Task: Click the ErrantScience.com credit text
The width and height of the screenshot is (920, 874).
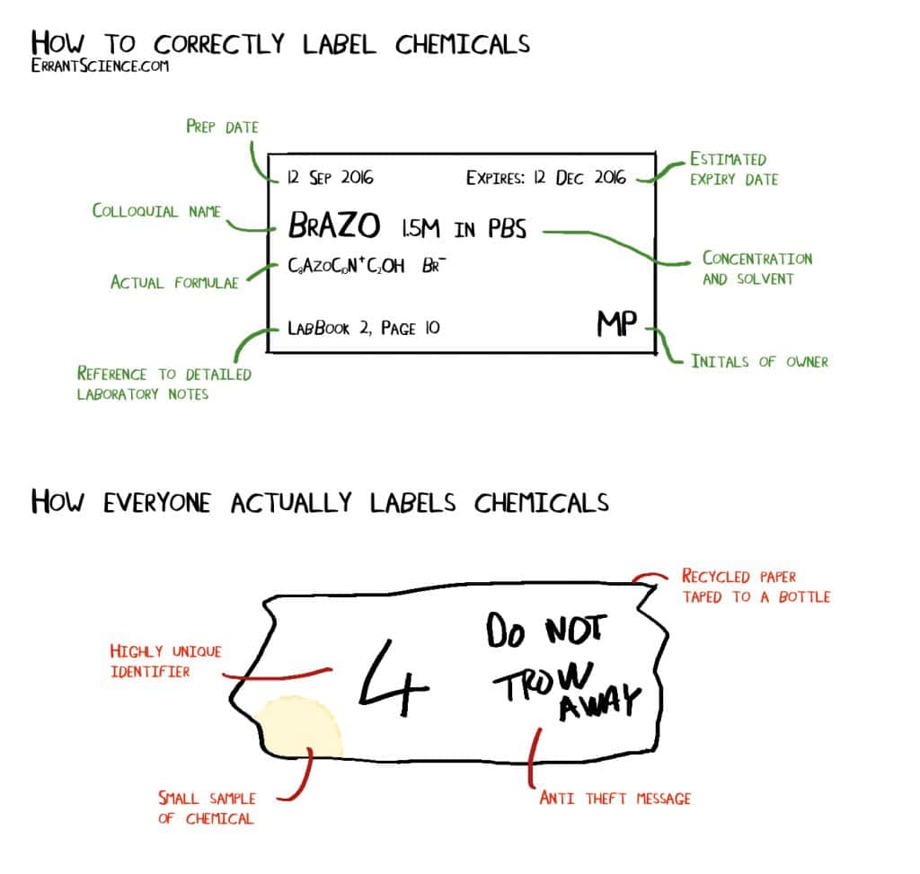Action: coord(100,66)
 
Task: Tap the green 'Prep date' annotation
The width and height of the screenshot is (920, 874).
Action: coord(222,127)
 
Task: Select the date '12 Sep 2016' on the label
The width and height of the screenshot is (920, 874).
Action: coord(330,177)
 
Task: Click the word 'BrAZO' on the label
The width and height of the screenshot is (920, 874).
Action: coord(334,226)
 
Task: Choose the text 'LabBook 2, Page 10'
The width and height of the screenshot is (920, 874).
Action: coord(363,329)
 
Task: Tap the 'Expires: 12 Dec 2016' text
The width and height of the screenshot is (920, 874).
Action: coord(546,177)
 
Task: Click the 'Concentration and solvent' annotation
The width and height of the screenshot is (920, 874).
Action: coord(756,269)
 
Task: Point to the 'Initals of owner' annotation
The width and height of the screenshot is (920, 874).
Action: coord(759,361)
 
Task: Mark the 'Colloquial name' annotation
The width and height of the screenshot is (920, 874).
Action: coord(156,211)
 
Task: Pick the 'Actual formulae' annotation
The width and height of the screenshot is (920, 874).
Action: coord(174,282)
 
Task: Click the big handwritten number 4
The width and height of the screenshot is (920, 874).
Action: coord(393,674)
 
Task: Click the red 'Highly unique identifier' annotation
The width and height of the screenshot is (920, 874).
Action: coord(164,660)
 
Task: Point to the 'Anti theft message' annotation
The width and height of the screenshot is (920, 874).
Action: coord(615,798)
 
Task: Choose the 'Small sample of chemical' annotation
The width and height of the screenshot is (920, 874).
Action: coord(207,808)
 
